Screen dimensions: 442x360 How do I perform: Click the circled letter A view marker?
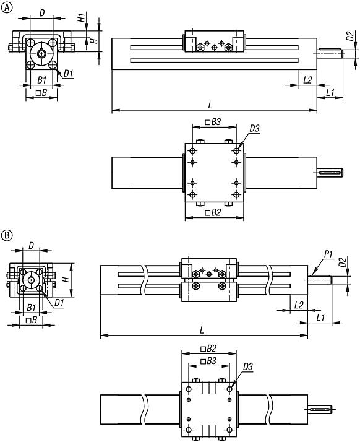tap(7, 7)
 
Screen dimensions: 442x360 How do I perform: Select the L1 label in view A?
tap(330, 92)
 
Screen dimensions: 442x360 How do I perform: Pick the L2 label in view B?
tap(298, 305)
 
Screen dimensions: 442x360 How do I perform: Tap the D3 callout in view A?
tap(254, 129)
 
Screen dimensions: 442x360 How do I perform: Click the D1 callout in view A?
tap(69, 74)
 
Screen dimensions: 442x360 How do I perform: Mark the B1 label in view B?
tap(31, 306)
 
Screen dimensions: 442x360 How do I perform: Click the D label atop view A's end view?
tap(41, 12)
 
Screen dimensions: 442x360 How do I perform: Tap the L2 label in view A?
tap(307, 80)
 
